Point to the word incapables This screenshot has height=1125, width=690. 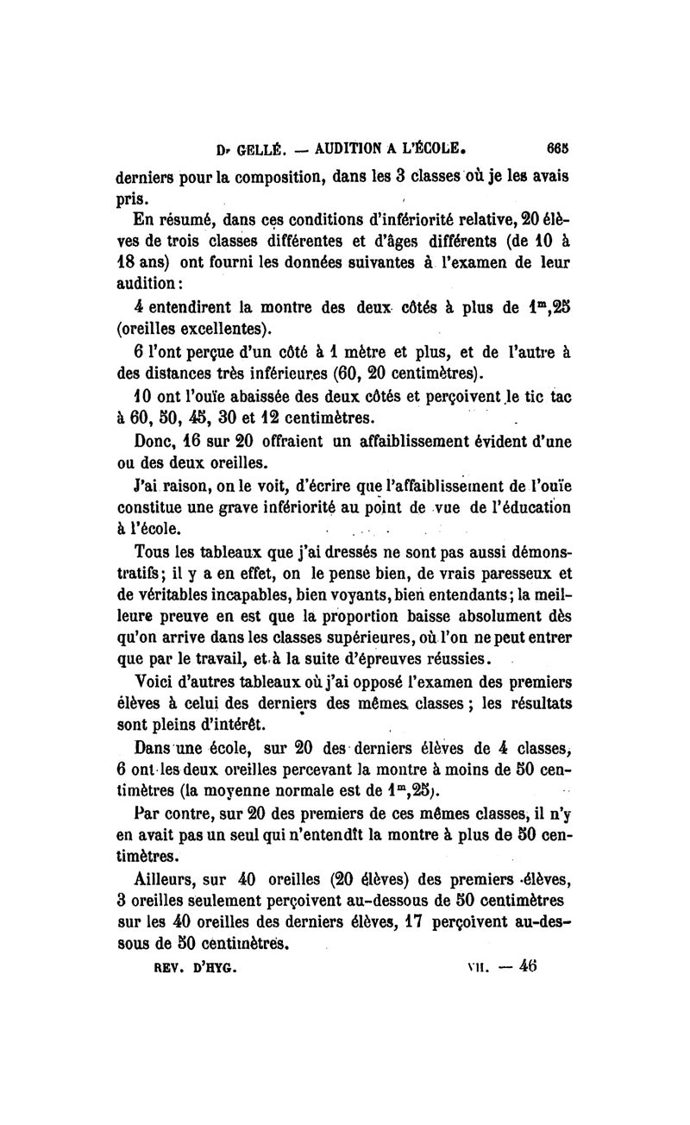[x=259, y=595]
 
